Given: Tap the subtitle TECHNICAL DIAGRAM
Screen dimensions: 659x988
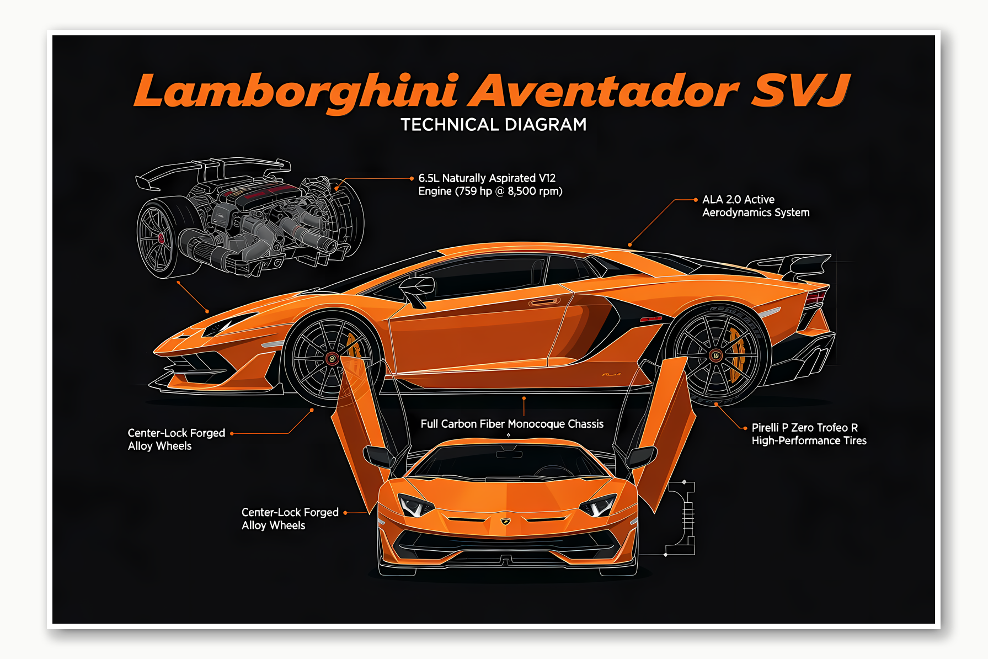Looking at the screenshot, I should pos(493,125).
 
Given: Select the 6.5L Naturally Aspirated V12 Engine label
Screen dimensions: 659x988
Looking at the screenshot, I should pos(489,185).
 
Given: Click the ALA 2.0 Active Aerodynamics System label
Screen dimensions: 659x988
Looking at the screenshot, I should pos(755,206).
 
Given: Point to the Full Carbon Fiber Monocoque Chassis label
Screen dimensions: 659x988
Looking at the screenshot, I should pos(511,424).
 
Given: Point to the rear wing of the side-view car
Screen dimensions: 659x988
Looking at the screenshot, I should pos(794,264).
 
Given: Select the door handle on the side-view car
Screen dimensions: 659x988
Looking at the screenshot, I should pos(544,302).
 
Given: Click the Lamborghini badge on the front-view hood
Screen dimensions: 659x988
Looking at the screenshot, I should pos(505,521).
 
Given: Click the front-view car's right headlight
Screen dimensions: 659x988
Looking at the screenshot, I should pos(597,506).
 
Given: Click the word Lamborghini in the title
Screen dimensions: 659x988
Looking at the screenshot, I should pos(296,91).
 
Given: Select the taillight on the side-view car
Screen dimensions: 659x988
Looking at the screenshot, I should pos(816,299).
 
